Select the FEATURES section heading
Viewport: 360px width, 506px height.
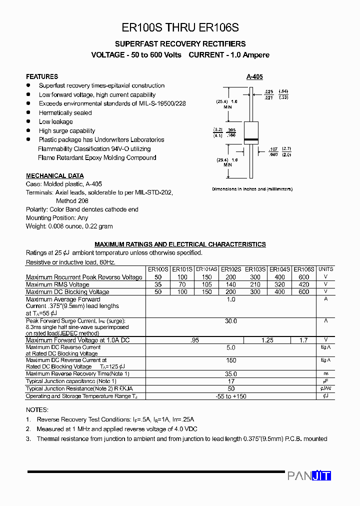42,76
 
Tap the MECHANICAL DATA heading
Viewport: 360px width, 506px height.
55,176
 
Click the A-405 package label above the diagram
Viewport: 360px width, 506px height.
254,77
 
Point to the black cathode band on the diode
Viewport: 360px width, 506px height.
250,139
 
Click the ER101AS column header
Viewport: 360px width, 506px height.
206,269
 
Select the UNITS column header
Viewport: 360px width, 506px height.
325,269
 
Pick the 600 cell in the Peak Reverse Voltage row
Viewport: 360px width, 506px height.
303,277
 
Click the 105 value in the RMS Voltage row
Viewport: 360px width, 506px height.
206,284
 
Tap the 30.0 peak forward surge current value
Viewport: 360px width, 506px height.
230,321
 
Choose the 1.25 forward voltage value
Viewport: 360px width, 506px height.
267,340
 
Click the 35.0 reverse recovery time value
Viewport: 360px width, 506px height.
230,373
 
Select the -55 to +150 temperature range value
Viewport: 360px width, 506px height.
230,396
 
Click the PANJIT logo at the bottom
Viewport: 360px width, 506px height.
309,476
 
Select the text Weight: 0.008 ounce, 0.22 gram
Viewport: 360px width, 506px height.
69,226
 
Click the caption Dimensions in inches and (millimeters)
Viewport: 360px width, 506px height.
252,189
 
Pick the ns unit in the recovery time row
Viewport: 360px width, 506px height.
325,373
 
